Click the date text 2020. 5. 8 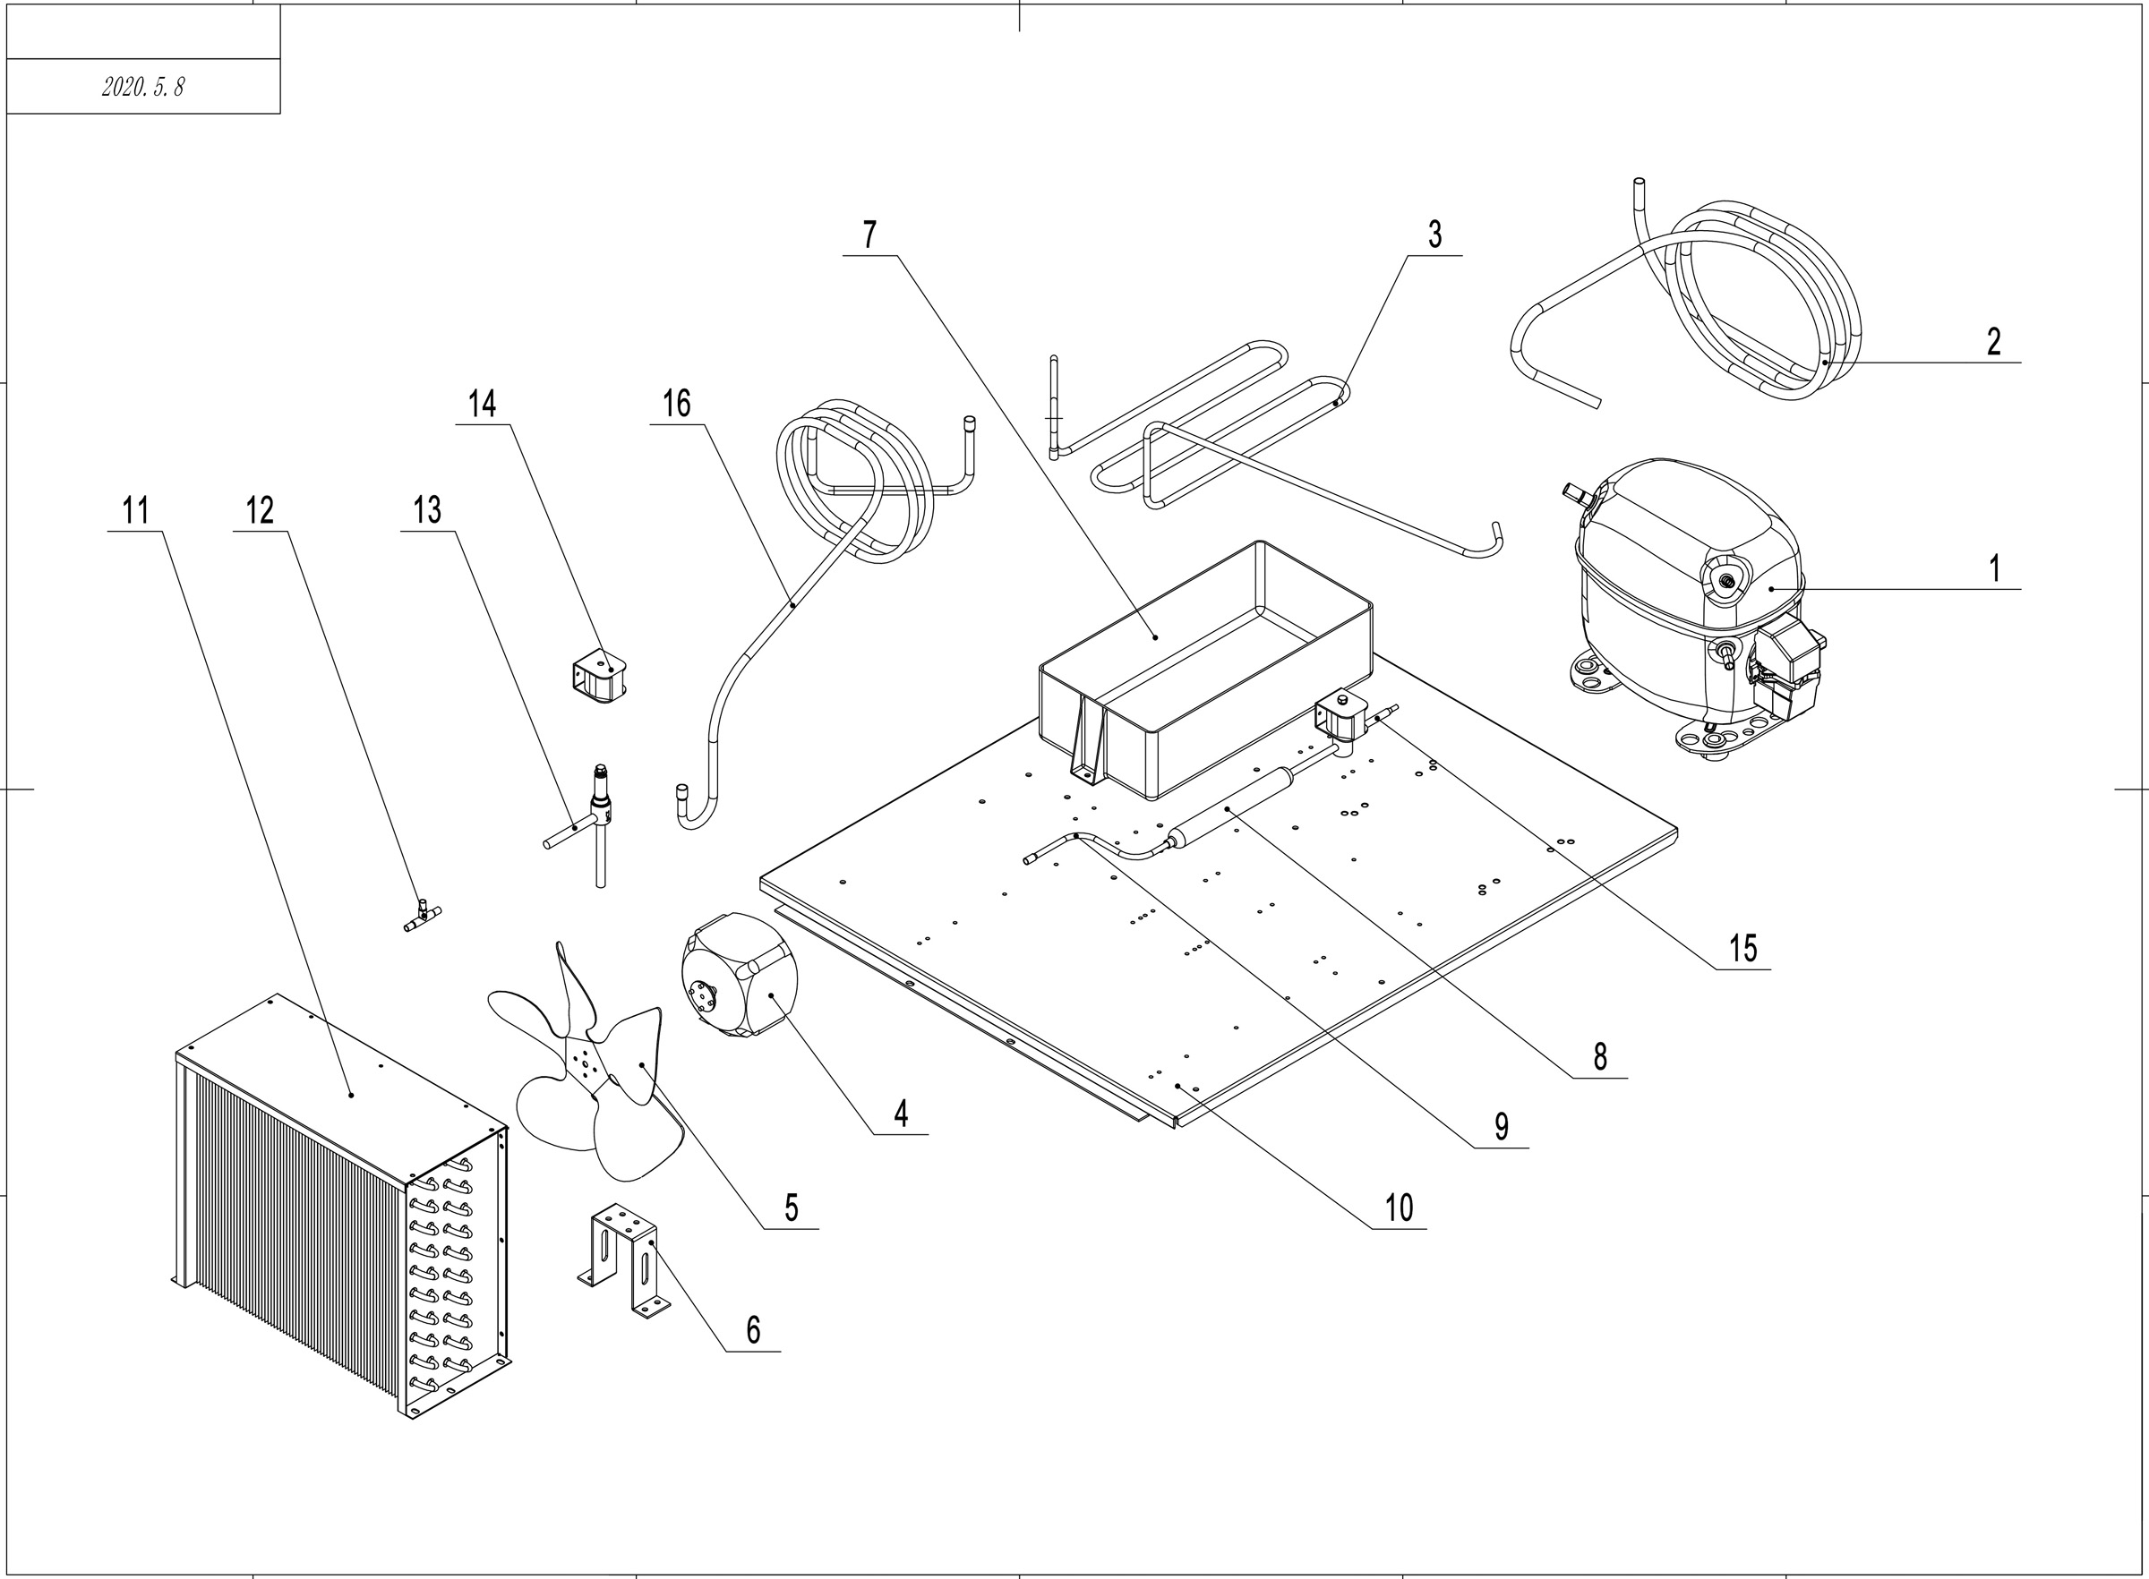click(x=142, y=87)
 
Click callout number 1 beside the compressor click(x=1994, y=568)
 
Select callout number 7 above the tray click(x=869, y=235)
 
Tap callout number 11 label click(x=136, y=510)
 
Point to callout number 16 click(x=677, y=405)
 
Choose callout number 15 click(x=1742, y=948)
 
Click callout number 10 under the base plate click(x=1399, y=1208)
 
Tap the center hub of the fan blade click(x=584, y=1061)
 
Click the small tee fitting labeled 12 click(x=421, y=915)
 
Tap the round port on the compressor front click(x=1726, y=578)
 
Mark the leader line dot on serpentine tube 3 click(x=1335, y=404)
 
